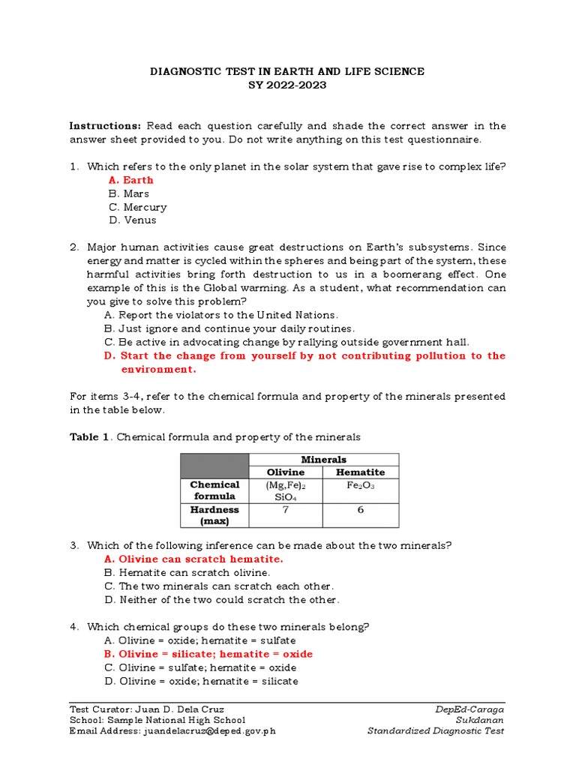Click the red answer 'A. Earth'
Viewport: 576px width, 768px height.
(130, 180)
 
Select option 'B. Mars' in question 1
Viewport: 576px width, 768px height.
(128, 193)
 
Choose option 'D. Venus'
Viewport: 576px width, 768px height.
(132, 220)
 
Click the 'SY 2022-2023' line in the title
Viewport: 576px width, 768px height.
(287, 85)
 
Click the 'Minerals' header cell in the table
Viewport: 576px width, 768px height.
(323, 460)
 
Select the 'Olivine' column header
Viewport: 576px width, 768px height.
(286, 472)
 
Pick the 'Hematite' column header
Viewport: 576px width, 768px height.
(360, 472)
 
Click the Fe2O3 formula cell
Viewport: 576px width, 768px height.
(360, 485)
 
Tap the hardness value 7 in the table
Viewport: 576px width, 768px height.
(286, 510)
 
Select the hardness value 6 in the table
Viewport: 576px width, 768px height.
(360, 510)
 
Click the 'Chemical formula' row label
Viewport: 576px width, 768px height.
(214, 490)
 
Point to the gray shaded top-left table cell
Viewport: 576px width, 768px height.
(214, 466)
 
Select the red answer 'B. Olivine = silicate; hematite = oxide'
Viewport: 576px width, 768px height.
(208, 654)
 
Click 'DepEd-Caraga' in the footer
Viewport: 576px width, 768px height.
(469, 709)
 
